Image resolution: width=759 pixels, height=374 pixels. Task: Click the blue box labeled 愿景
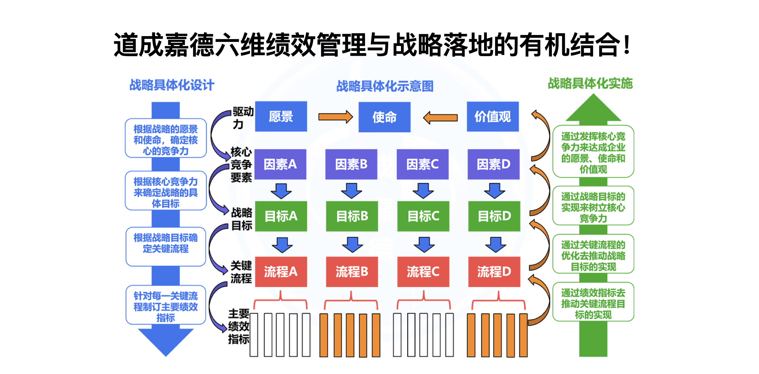pos(281,116)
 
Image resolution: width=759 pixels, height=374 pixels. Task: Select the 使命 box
pos(384,117)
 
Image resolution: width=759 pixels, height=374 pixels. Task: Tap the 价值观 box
pos(492,117)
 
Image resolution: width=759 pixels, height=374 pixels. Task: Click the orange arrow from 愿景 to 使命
pos(335,117)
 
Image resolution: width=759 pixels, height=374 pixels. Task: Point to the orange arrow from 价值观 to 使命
pos(440,118)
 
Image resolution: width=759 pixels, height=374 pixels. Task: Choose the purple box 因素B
pos(351,164)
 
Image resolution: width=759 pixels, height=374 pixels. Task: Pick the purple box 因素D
pos(493,164)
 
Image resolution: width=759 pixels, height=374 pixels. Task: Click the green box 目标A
pos(281,216)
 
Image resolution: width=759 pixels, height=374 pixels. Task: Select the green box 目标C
pos(423,216)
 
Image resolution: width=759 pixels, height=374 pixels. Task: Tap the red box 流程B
pos(352,272)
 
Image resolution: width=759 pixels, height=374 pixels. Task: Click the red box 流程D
pos(494,272)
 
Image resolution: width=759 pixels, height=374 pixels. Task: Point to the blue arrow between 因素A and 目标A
pos(281,191)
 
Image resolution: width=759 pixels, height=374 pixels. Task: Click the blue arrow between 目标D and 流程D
pos(495,244)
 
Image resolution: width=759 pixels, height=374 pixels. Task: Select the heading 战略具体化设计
pos(172,85)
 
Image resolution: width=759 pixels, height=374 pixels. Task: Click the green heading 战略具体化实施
pos(590,83)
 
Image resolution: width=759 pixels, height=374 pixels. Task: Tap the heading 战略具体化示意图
pos(385,86)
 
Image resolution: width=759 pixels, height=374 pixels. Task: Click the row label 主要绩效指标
pos(239,326)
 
